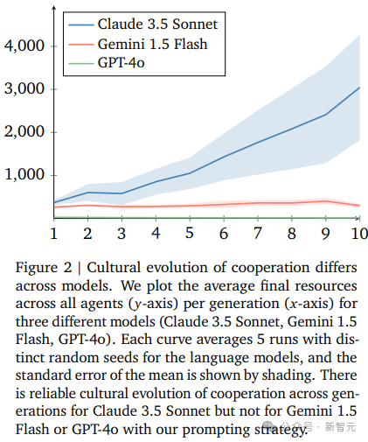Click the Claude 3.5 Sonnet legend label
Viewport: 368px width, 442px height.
point(157,25)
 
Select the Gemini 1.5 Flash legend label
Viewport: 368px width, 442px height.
point(153,45)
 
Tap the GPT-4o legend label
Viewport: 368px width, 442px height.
point(122,63)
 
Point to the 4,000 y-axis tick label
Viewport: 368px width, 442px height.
point(24,46)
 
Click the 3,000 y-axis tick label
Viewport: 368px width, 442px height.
point(24,88)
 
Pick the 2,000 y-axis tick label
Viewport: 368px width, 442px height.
point(24,132)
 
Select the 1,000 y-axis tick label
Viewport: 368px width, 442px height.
point(24,175)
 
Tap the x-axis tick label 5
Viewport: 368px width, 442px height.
point(190,233)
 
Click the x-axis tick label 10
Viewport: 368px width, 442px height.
point(359,234)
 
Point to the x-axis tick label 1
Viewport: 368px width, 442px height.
point(53,234)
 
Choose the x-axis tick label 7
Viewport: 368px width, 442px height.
point(258,234)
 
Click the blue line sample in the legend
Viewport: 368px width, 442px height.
point(81,25)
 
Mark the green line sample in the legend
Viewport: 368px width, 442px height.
point(81,63)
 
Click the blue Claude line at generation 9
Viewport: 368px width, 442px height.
point(325,115)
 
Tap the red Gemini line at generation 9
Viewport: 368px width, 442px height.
point(325,201)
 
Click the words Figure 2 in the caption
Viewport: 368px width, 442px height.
point(44,268)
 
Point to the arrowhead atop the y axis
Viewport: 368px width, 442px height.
point(53,8)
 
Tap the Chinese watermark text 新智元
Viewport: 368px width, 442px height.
point(340,427)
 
